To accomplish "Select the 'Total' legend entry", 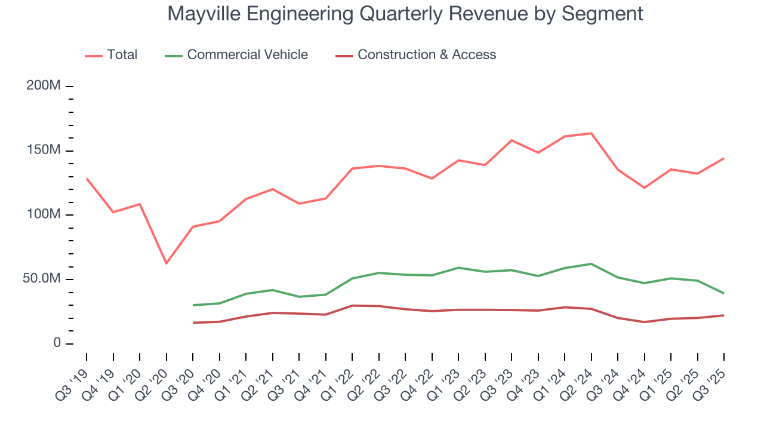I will point(122,55).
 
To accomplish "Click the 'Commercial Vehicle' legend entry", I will point(247,55).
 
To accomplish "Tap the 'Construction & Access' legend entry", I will point(426,55).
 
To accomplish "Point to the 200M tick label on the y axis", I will point(44,86).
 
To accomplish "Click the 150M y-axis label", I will point(44,150).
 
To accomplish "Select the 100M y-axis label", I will point(44,215).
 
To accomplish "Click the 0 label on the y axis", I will point(57,343).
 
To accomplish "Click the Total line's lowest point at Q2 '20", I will point(166,263).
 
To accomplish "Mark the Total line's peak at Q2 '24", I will point(591,133).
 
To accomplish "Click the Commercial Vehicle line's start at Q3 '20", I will point(193,305).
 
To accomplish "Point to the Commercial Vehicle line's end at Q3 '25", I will point(724,293).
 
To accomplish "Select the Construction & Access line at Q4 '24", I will point(645,322).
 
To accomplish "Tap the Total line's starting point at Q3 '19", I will point(87,179).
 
